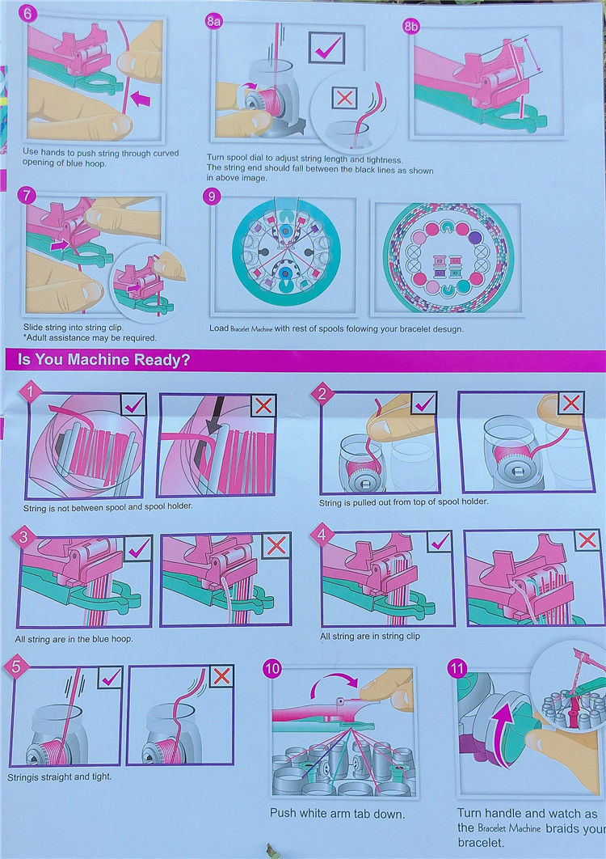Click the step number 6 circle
(28, 14)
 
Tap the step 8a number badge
(213, 21)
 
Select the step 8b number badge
(411, 25)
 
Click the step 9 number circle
(212, 196)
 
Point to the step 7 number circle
(27, 196)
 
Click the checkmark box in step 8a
(326, 48)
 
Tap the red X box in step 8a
(345, 98)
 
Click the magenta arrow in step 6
(141, 99)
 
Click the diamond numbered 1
(31, 392)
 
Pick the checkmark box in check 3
(138, 548)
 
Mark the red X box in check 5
(221, 677)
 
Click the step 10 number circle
(272, 669)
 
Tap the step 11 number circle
(457, 669)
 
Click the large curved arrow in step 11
(503, 729)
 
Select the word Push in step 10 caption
(283, 814)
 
